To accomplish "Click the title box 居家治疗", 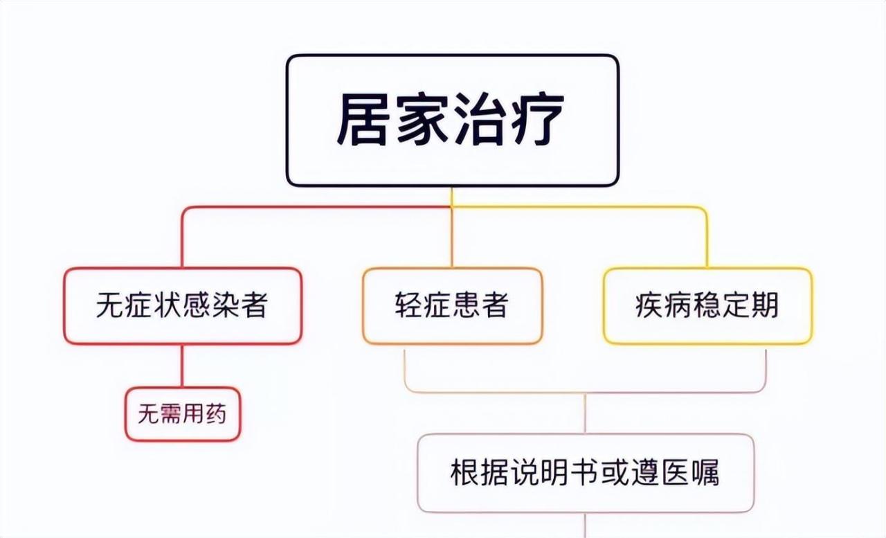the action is (453, 120).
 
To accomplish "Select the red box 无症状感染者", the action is (183, 306).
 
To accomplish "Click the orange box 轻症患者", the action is (452, 306).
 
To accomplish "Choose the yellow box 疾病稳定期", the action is (708, 306).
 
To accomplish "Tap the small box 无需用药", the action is (183, 414).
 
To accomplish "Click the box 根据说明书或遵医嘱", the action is (586, 473).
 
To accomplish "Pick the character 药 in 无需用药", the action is (215, 414).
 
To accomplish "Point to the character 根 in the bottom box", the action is (464, 472).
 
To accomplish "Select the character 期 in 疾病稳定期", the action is (766, 305).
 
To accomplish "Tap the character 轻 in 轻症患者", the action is (408, 305).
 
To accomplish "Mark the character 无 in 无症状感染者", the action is (110, 305).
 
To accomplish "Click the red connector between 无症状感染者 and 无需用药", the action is (182, 366).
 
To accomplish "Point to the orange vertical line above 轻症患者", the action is (452, 237).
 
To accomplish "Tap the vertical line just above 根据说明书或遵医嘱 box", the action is (586, 413).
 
